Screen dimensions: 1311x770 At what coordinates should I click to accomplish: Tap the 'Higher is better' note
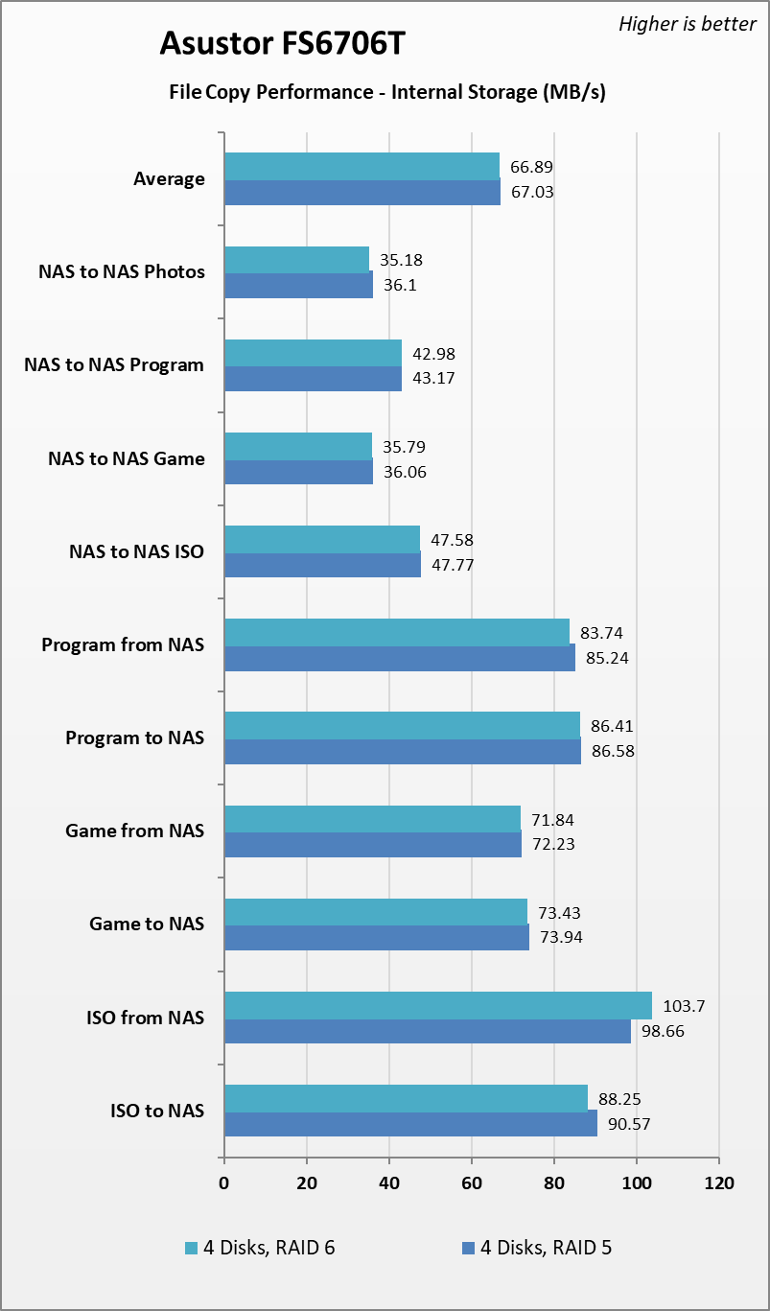click(x=687, y=24)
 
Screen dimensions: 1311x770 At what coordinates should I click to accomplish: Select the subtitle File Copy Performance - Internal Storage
click(x=386, y=93)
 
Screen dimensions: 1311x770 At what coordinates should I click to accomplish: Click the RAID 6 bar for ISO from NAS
click(x=437, y=1006)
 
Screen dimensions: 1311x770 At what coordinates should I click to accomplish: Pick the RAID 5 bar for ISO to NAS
click(x=410, y=1124)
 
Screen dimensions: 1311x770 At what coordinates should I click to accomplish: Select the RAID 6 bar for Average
click(x=362, y=166)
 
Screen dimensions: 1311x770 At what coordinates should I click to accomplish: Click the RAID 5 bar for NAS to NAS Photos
click(x=298, y=285)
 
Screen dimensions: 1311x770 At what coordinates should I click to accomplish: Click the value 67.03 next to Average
click(x=531, y=192)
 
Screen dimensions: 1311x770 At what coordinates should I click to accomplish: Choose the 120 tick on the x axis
click(x=719, y=1183)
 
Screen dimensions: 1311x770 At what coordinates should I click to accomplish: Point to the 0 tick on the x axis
click(x=224, y=1183)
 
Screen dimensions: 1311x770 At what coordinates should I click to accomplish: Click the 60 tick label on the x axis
click(x=472, y=1183)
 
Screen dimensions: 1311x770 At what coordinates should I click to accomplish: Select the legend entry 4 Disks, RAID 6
click(x=260, y=1248)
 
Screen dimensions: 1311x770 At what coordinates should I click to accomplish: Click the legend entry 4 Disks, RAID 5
click(x=536, y=1248)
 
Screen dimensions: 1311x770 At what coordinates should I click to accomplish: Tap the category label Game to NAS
click(x=147, y=924)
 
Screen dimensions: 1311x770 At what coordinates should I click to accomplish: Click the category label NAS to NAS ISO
click(x=136, y=551)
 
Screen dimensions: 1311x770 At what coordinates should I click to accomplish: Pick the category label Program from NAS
click(x=123, y=644)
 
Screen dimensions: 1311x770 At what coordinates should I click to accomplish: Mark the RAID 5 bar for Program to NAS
click(x=402, y=751)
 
